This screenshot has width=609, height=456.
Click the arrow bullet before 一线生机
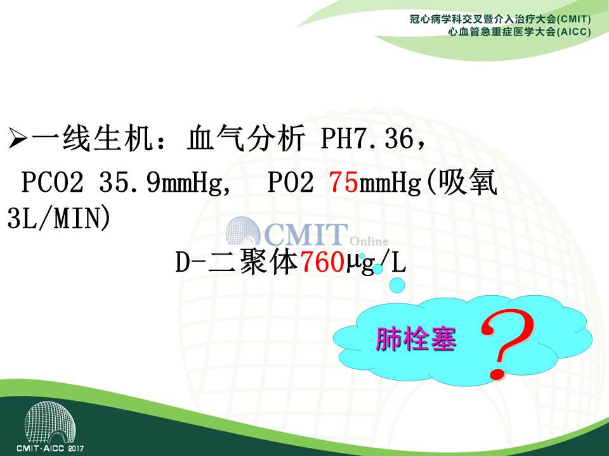18,139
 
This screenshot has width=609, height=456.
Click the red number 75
344,182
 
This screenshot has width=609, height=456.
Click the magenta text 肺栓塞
416,339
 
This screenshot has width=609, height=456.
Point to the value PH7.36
367,139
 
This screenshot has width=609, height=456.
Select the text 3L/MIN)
59,218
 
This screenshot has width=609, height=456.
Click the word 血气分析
246,139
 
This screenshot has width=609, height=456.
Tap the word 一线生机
91,139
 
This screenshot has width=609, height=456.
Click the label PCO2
53,182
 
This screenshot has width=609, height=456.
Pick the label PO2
291,182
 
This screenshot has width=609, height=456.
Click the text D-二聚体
237,262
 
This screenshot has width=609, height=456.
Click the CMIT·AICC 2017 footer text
50,448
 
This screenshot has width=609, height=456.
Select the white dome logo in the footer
50,422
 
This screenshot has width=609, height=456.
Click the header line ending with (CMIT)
501,19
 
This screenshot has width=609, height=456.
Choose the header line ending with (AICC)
520,32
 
